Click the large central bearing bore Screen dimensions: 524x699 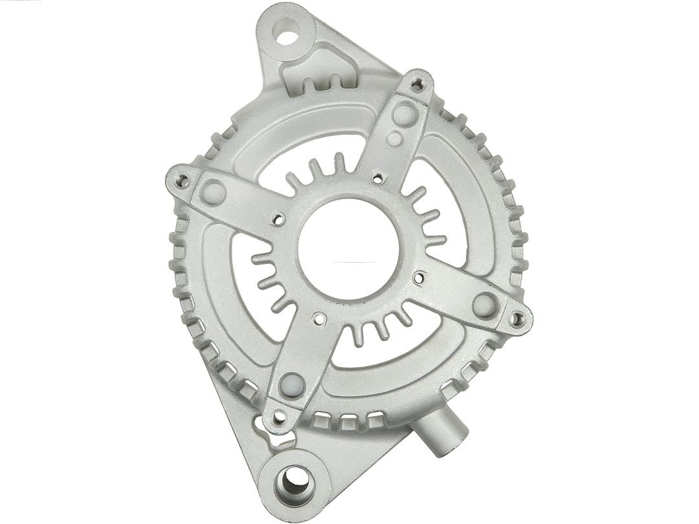click(348, 249)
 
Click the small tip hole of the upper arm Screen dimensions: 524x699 click(417, 83)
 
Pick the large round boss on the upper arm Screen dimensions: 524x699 click(405, 115)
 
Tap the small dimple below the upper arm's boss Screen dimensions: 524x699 click(394, 138)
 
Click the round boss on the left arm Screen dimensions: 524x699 click(213, 192)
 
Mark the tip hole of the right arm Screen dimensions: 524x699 click(516, 318)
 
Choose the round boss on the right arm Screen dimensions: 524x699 click(485, 305)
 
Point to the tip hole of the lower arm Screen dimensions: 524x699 click(279, 417)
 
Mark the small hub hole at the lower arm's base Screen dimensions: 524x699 click(319, 318)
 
